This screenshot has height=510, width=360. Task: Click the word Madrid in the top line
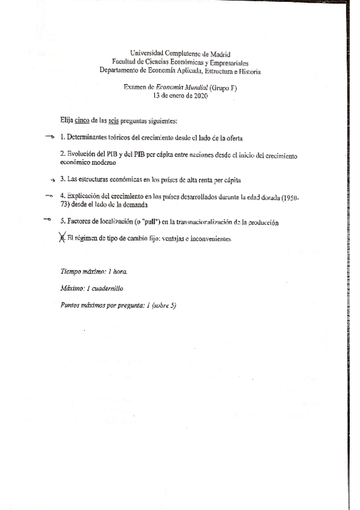[219, 54]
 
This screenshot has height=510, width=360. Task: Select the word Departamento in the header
[120, 71]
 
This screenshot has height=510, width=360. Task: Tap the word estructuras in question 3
[97, 179]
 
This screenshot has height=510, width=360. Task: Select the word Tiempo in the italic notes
[72, 272]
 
